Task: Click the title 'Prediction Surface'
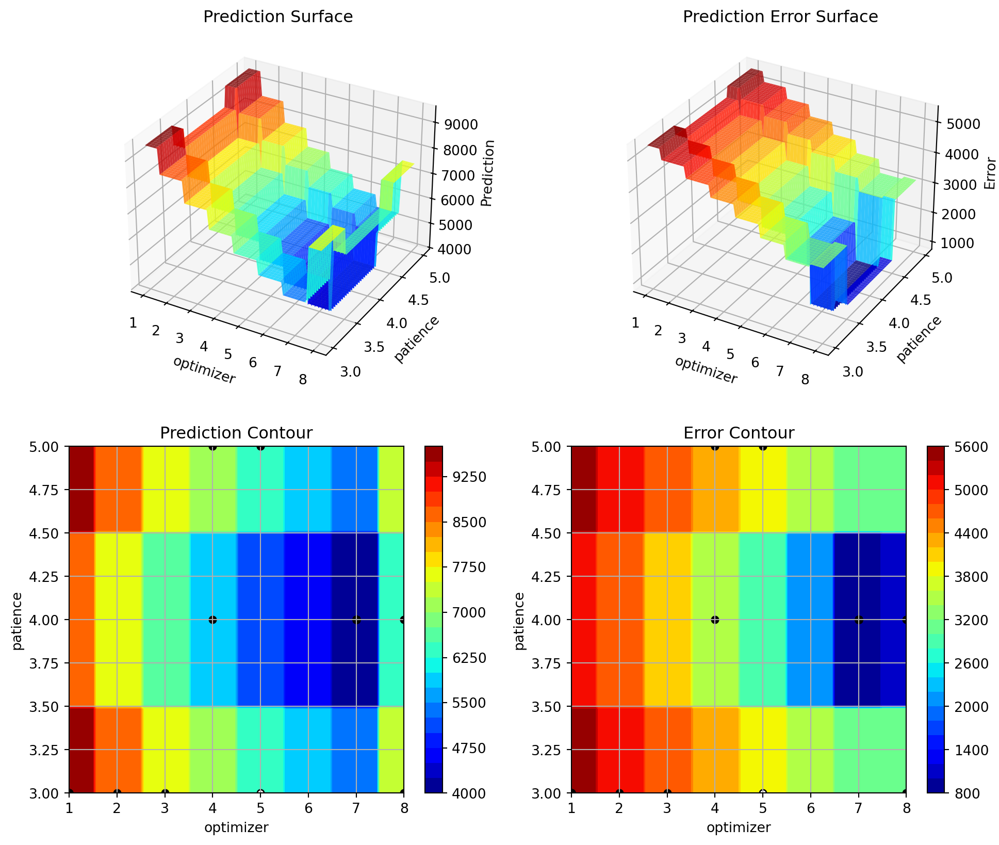tap(278, 17)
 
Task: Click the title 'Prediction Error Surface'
tap(780, 17)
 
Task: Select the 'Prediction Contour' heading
tap(236, 433)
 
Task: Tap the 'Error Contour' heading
tap(739, 433)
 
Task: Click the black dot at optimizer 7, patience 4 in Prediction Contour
tap(356, 620)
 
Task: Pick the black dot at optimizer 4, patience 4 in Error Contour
tap(715, 620)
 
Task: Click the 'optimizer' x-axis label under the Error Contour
tap(739, 828)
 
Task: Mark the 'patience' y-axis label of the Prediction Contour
tap(18, 621)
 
